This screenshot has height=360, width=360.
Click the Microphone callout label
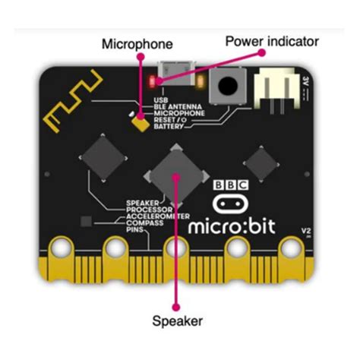(x=137, y=45)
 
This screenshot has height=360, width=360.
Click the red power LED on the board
(x=154, y=79)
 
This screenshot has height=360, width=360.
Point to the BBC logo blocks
(x=230, y=185)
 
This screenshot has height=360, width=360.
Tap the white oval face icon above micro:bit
(x=230, y=203)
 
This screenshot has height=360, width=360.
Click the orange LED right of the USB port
(x=200, y=79)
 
